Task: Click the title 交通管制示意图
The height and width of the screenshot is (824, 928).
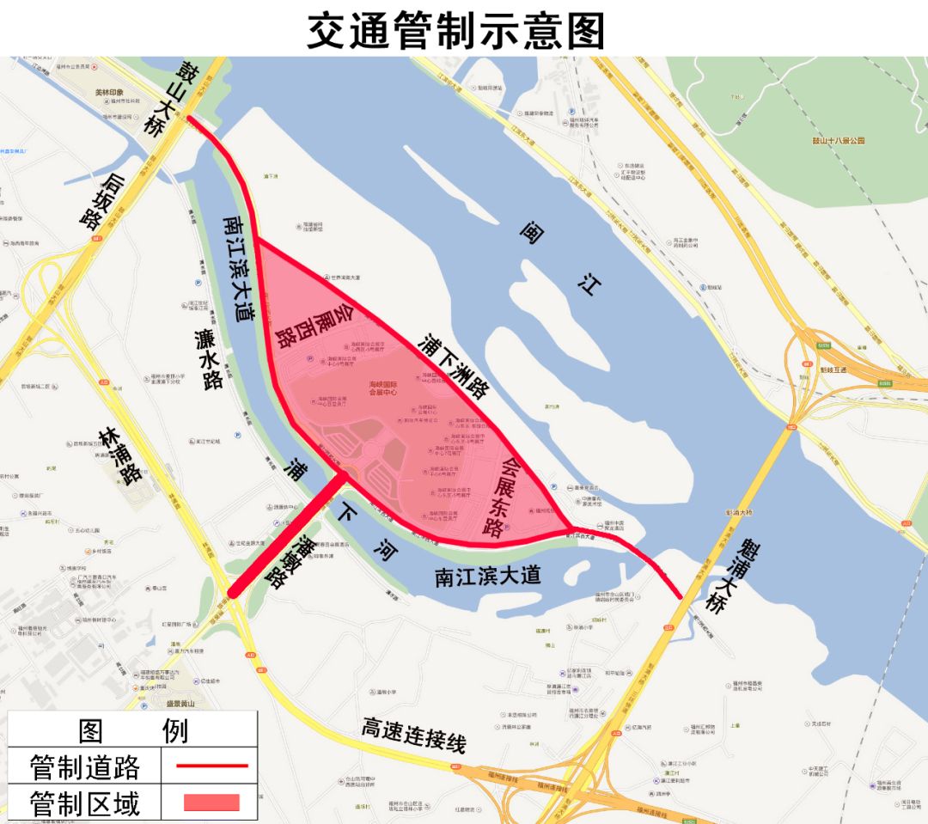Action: click(456, 30)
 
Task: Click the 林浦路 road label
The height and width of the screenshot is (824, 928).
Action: click(119, 455)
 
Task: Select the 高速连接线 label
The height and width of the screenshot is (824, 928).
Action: click(413, 736)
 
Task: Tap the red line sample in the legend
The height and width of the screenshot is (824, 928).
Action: click(211, 765)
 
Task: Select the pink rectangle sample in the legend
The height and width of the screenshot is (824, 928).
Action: click(211, 803)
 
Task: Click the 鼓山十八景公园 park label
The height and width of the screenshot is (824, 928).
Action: click(838, 140)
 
